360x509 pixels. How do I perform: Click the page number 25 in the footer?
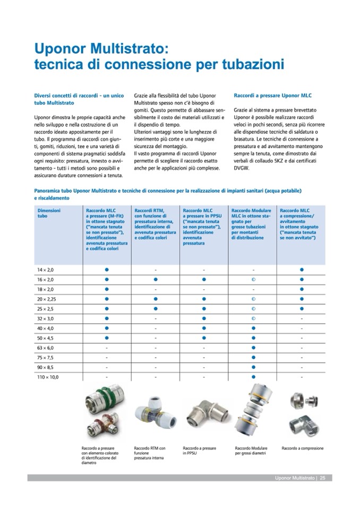[x=322, y=478]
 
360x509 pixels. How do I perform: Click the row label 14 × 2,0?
[x=45, y=270]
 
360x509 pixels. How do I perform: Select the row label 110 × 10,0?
[x=48, y=377]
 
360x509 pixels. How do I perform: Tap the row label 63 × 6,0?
[x=45, y=348]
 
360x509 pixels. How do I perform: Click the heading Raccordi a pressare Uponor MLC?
[x=272, y=96]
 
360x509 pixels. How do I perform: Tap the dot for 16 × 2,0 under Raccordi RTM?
[x=156, y=279]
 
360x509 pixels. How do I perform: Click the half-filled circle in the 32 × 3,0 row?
[x=253, y=318]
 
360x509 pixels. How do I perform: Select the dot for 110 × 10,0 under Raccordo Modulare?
[x=253, y=377]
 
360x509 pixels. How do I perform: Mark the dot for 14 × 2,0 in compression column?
[x=302, y=270]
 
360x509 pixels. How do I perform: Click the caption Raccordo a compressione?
[x=302, y=448]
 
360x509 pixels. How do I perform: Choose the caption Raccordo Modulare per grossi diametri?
[x=251, y=451]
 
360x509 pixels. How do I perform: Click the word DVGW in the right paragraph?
[x=242, y=168]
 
